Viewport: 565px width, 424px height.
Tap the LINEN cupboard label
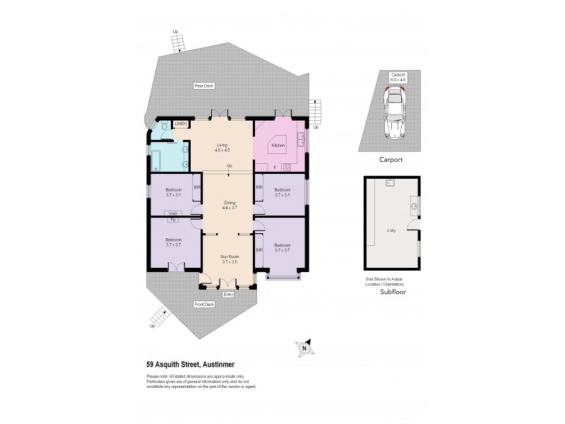coord(179,124)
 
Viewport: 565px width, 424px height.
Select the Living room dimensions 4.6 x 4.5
coord(223,150)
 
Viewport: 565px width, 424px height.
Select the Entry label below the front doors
coord(227,294)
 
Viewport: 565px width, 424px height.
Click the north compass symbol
coord(304,347)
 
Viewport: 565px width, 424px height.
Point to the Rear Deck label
coord(204,86)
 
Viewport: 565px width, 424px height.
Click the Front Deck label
coord(204,305)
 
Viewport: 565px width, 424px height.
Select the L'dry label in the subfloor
coord(391,231)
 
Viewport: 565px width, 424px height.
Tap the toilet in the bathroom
coord(163,126)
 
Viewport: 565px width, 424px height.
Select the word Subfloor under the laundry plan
coord(392,291)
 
